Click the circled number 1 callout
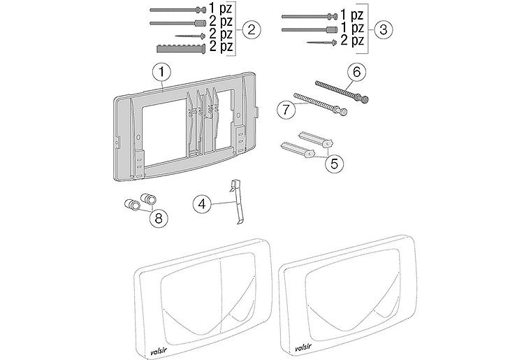161,71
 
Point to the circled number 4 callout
203,204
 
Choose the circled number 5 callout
335,163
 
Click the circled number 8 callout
160,217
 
